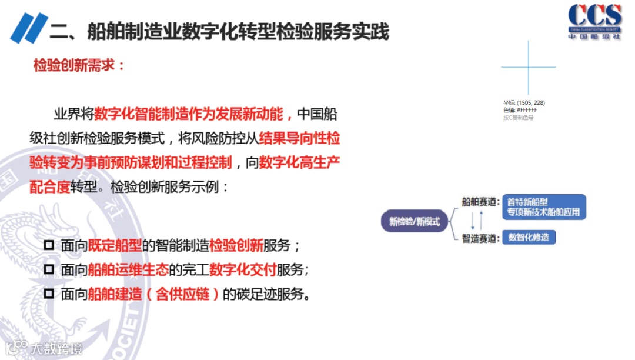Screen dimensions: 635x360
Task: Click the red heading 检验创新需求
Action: pyautogui.click(x=79, y=65)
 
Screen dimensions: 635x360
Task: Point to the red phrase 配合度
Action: pyautogui.click(x=50, y=187)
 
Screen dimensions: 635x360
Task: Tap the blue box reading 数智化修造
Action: pyautogui.click(x=529, y=238)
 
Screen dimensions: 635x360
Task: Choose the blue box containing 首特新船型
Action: pyautogui.click(x=544, y=206)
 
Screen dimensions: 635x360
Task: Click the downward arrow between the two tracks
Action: pyautogui.click(x=473, y=221)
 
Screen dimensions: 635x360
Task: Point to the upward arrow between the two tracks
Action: pyautogui.click(x=482, y=221)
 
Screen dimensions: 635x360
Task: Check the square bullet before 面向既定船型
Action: pyautogui.click(x=49, y=245)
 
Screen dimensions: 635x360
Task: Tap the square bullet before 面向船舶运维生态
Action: pyautogui.click(x=49, y=269)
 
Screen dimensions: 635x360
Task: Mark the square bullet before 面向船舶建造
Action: pyautogui.click(x=49, y=294)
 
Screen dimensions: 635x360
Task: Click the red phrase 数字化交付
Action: pyautogui.click(x=243, y=270)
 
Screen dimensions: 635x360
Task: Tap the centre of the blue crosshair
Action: pyautogui.click(x=529, y=67)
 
